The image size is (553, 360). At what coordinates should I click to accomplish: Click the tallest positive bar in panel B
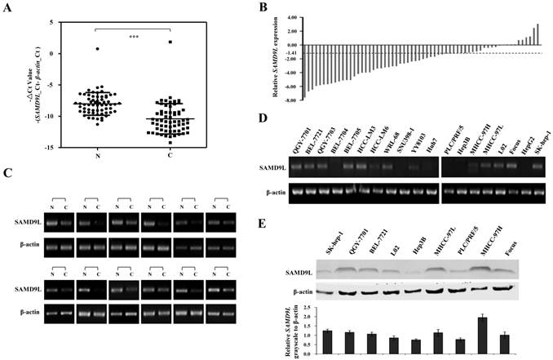[x=538, y=35]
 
